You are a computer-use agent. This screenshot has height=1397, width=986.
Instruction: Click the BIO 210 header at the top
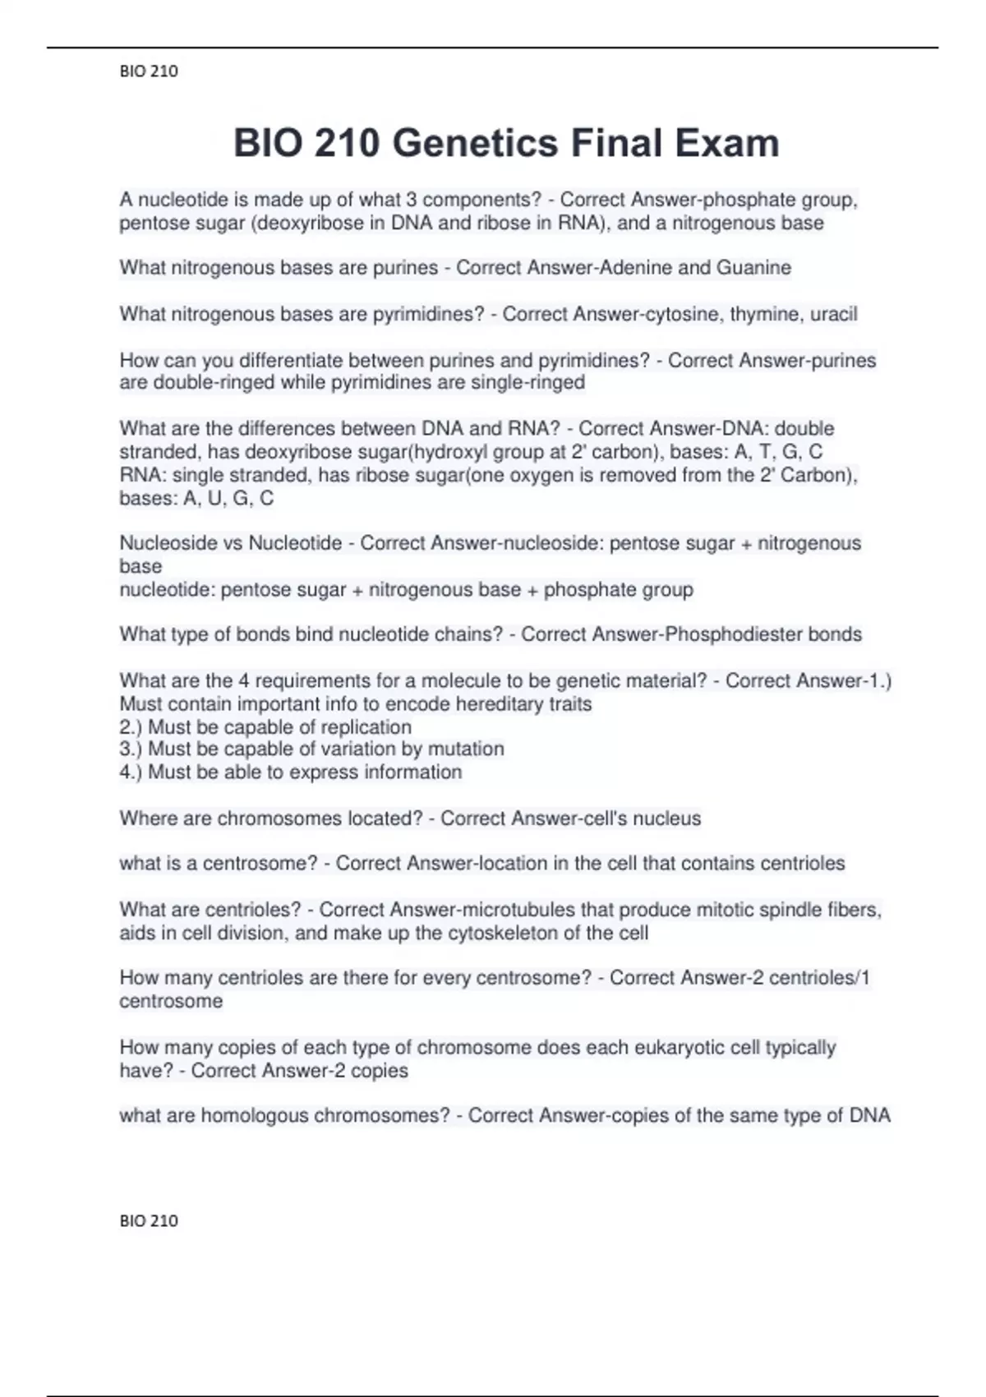(x=149, y=71)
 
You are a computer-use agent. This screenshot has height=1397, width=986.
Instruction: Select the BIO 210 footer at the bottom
(x=149, y=1221)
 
